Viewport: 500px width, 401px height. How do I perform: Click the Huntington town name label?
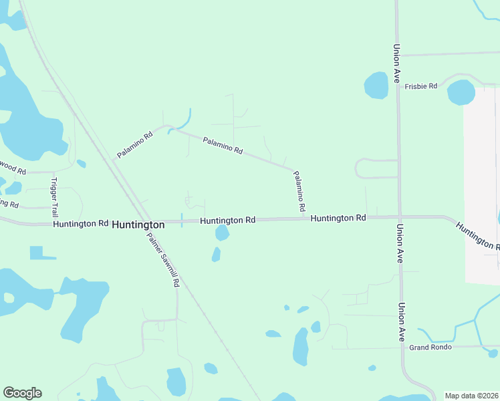[138, 225]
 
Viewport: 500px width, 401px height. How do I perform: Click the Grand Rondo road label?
[430, 347]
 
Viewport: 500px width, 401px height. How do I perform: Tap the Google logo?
[22, 393]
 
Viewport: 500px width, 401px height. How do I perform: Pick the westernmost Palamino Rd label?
[134, 145]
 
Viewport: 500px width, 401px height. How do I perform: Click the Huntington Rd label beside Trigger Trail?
[80, 223]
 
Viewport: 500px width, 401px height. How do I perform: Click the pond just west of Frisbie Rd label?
[376, 86]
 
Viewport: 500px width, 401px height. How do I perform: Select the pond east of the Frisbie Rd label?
[461, 92]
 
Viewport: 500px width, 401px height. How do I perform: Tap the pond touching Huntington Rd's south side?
[222, 233]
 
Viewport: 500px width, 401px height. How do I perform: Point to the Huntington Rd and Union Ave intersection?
[399, 217]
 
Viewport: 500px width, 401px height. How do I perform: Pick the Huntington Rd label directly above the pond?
[227, 220]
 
